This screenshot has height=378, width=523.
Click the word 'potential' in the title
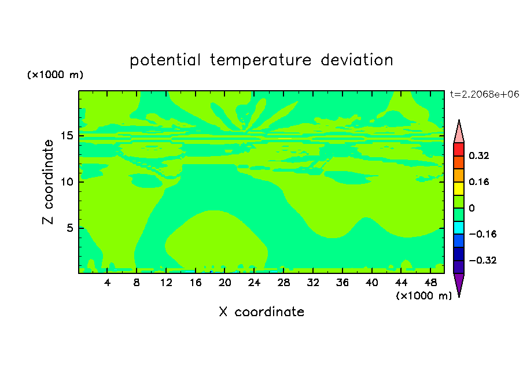[165, 61]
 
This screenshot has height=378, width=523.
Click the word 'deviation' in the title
[357, 60]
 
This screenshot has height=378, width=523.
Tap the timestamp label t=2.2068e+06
[484, 94]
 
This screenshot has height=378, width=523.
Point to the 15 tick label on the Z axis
[67, 136]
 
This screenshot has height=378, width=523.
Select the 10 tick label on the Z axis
[67, 181]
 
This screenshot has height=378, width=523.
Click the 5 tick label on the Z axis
[70, 228]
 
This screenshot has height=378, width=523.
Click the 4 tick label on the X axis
[107, 283]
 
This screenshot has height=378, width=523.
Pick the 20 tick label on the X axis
[224, 283]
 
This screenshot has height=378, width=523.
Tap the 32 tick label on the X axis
[313, 283]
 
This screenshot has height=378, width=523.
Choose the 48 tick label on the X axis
[430, 283]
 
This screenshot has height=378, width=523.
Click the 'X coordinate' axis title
[261, 312]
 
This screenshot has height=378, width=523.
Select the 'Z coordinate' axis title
[48, 182]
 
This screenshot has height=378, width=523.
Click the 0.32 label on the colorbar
[478, 155]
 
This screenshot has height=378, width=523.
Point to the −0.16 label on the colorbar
[483, 234]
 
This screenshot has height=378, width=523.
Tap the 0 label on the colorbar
[472, 208]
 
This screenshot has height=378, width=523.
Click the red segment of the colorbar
[459, 149]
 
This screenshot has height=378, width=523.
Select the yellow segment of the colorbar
[459, 188]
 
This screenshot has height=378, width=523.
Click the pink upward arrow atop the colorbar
[459, 132]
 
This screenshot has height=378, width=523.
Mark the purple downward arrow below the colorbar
[459, 285]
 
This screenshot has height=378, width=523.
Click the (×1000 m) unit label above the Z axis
[55, 75]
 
